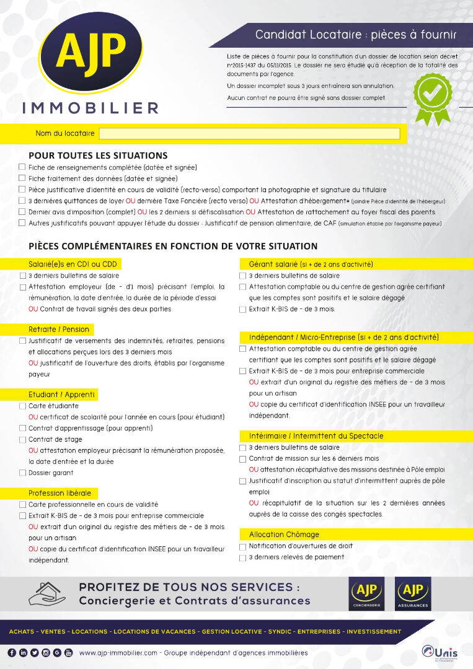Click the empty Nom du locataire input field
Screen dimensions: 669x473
point(249,133)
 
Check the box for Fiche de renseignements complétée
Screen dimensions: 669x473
point(22,167)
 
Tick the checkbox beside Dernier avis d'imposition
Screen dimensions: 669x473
point(22,212)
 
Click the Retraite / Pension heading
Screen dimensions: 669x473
point(59,330)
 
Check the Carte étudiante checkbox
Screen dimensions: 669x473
point(23,406)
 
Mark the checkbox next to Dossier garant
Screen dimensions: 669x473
point(23,473)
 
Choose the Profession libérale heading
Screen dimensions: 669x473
point(60,493)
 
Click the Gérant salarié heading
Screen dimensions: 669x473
point(311,264)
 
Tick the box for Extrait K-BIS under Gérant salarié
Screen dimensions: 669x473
point(243,309)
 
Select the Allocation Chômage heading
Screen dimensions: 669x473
point(284,535)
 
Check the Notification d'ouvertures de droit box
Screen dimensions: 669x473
point(243,547)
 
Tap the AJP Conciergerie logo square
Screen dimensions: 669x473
point(366,593)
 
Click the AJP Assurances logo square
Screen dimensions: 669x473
point(412,593)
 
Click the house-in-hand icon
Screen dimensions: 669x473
point(47,593)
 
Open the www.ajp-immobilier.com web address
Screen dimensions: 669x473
point(118,653)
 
